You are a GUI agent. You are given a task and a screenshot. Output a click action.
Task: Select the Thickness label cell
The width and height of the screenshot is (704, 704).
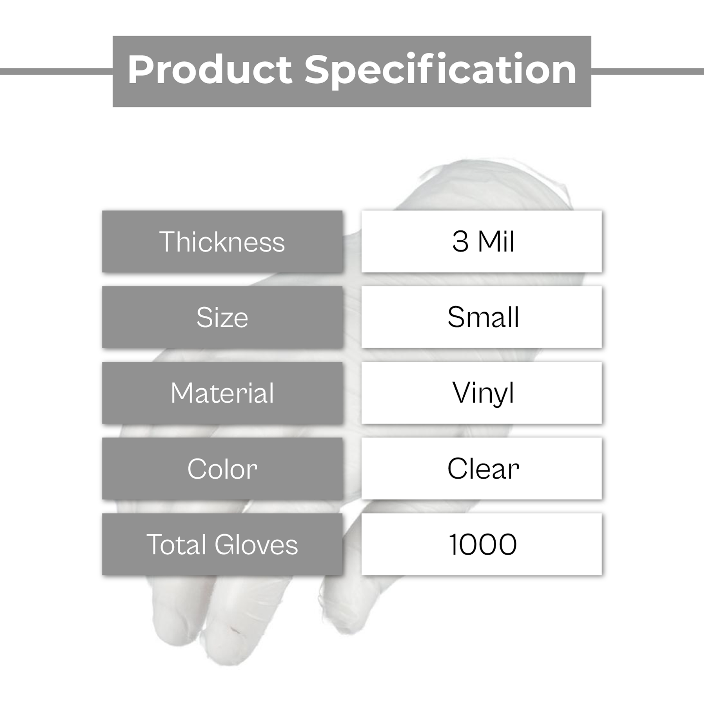(x=222, y=241)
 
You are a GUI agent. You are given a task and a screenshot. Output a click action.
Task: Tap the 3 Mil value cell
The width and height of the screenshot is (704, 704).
(x=481, y=241)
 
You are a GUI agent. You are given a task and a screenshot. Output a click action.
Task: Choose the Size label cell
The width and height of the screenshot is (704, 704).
(x=222, y=317)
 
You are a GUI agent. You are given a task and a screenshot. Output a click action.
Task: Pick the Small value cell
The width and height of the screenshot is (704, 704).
(x=481, y=317)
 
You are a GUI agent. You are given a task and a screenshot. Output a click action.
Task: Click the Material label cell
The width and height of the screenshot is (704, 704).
(x=222, y=393)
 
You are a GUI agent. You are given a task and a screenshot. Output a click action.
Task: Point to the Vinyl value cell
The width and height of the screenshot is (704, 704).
(x=481, y=393)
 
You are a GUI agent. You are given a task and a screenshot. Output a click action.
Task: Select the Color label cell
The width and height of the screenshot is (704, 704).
(x=222, y=469)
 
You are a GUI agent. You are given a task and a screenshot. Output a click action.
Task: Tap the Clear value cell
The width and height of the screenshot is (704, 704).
(x=481, y=469)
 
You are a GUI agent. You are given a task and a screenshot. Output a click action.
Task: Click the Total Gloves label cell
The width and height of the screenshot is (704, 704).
(x=222, y=544)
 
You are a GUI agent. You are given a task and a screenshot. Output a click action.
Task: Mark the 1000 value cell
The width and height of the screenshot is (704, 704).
(x=481, y=544)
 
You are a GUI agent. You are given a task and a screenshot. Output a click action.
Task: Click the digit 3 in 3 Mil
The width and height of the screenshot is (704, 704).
(x=460, y=242)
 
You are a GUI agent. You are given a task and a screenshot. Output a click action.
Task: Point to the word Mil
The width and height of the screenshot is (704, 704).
(x=496, y=241)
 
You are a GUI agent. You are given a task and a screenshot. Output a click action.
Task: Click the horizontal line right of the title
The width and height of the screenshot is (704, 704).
(x=647, y=72)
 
